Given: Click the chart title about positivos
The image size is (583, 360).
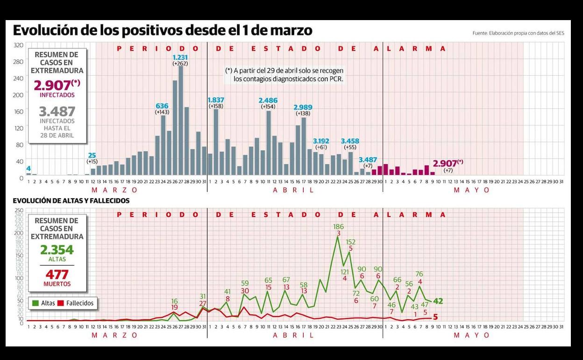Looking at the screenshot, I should pos(162,31).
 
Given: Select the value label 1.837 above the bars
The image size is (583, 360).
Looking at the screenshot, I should pos(216,100).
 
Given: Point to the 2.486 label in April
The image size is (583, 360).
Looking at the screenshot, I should pos(269,100).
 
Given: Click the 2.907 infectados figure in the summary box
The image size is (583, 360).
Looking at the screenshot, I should pos(53,85).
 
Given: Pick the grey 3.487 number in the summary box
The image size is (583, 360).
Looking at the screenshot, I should pos(57,111).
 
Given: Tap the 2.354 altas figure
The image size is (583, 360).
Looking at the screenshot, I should pos(57,250).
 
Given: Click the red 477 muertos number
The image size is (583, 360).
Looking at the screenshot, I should pos(57,274).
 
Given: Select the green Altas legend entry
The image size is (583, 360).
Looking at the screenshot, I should pos(44,303).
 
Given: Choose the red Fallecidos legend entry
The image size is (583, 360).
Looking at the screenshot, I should pos(75,303).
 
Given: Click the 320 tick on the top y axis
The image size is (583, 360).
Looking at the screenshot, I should pos(19,45).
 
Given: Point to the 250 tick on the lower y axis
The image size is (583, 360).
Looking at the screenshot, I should pos(19,210).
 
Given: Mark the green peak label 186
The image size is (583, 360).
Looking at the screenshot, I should pos(338,227).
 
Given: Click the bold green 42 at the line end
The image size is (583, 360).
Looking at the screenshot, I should pos(438,301).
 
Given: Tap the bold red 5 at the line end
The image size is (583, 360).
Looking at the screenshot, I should pos(435,317).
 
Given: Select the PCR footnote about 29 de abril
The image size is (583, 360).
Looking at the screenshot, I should pos(284,75).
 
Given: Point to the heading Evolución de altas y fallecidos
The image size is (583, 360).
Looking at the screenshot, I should pos(71,201).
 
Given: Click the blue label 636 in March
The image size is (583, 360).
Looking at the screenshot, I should pos(162,106).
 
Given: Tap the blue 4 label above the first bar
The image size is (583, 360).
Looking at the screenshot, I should pos(28,168).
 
